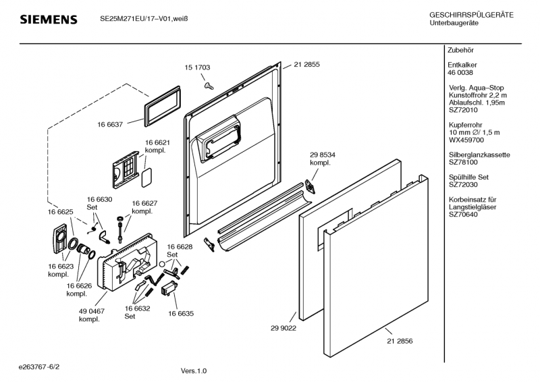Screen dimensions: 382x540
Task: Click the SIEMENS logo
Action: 48,20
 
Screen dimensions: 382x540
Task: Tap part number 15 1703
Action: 197,67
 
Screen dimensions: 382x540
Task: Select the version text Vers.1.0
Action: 194,371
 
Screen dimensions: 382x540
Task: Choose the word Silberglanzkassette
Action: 479,155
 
